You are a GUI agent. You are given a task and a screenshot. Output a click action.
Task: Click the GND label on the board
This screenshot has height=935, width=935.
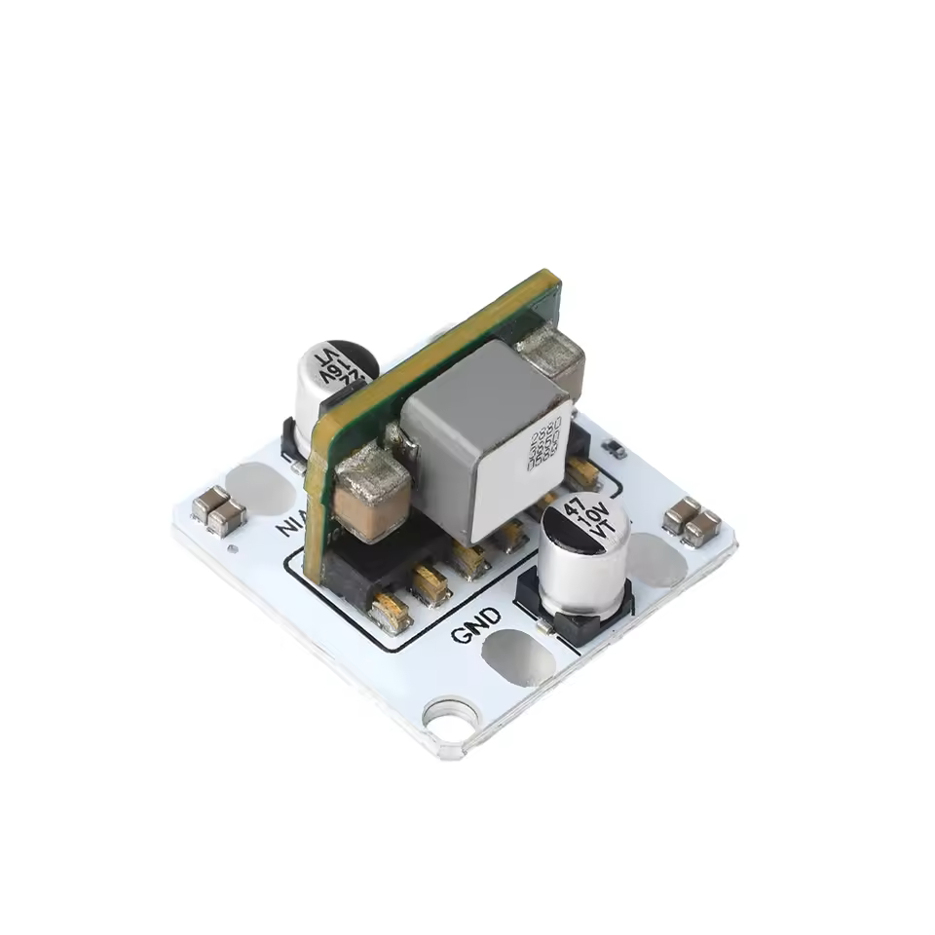tap(477, 625)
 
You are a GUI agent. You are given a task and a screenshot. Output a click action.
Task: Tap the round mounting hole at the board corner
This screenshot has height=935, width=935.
tap(452, 718)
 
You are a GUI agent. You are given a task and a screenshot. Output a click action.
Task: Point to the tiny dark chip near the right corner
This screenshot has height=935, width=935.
tap(615, 449)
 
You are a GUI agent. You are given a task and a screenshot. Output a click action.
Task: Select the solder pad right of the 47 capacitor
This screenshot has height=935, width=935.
tap(656, 559)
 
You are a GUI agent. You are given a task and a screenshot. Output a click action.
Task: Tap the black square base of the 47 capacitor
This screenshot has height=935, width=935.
tap(575, 614)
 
